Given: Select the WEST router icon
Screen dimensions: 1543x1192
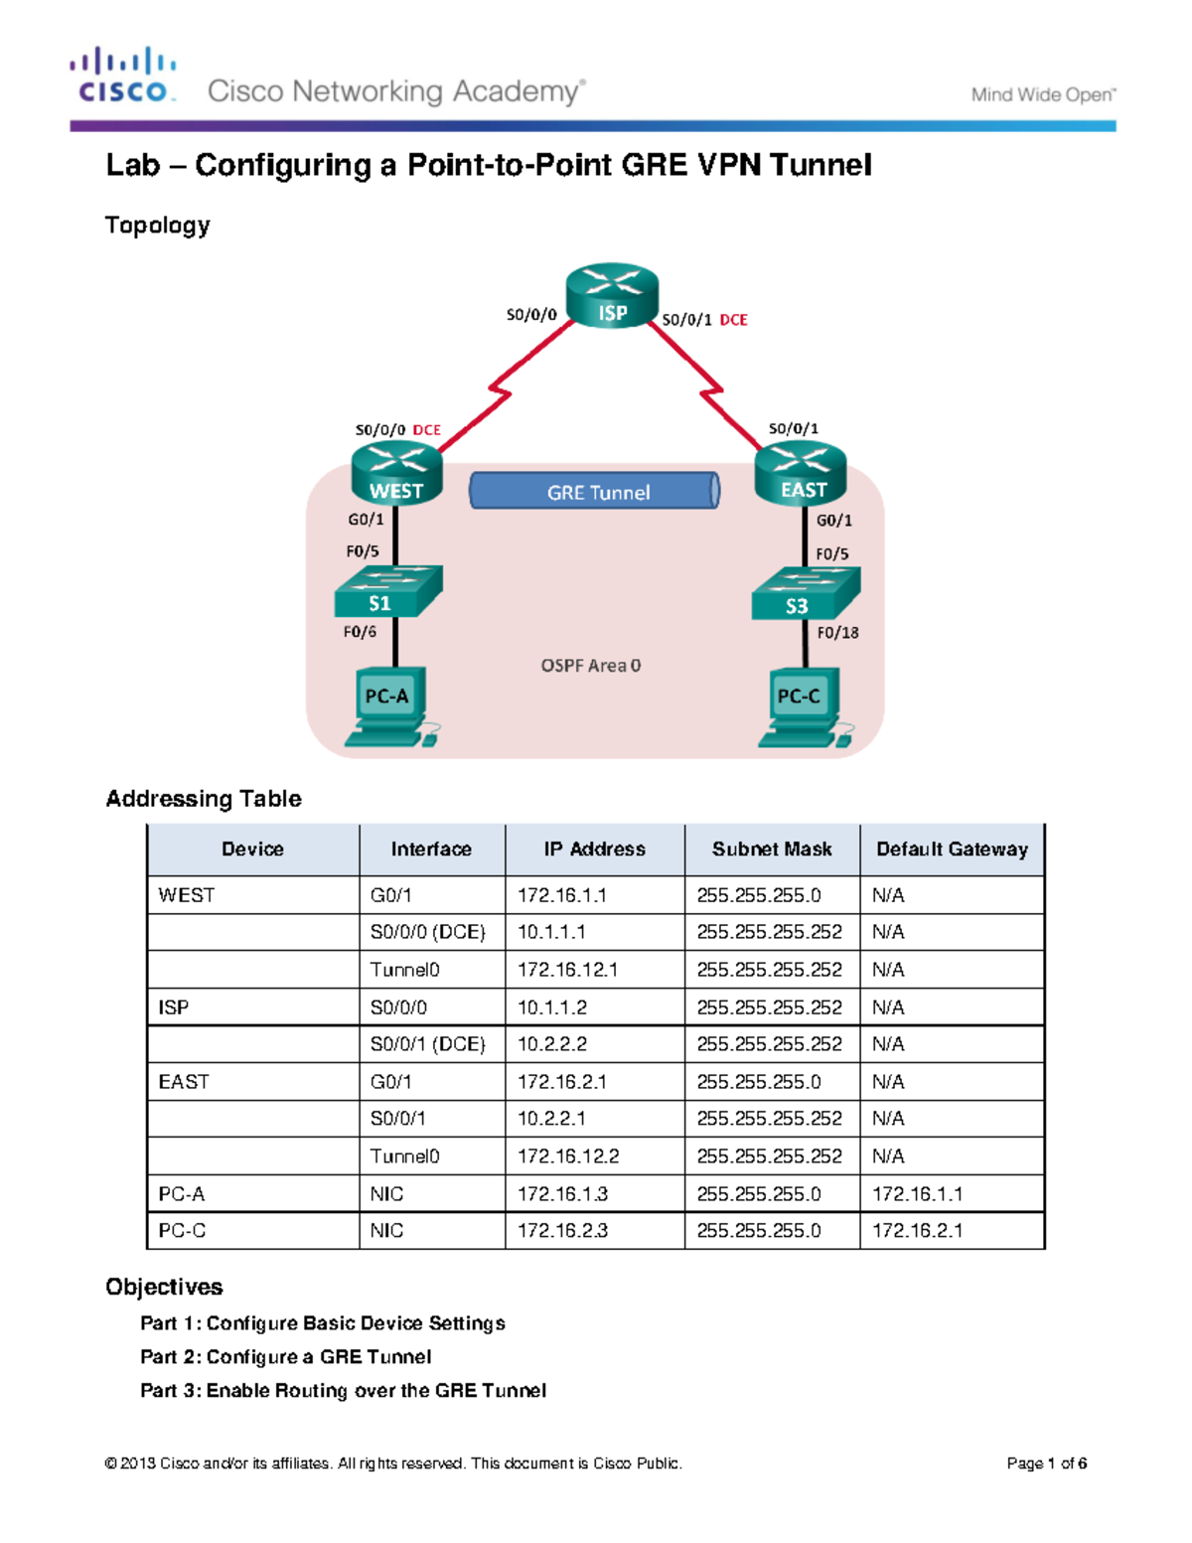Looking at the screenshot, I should pyautogui.click(x=396, y=475).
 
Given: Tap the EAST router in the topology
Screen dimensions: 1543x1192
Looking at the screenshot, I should pyautogui.click(x=801, y=474).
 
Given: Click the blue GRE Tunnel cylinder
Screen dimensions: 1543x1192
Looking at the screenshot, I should pyautogui.click(x=595, y=491).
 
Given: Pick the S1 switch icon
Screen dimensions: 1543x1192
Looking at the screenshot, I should pyautogui.click(x=387, y=592).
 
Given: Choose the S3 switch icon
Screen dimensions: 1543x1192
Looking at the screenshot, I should pyautogui.click(x=805, y=594).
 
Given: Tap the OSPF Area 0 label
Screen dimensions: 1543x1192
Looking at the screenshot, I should pyautogui.click(x=591, y=666).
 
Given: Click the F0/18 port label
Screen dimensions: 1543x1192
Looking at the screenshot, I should pyautogui.click(x=837, y=632).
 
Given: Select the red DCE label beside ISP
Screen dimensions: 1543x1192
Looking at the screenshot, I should pyautogui.click(x=733, y=320).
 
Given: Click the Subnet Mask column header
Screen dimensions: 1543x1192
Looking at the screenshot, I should pyautogui.click(x=772, y=849).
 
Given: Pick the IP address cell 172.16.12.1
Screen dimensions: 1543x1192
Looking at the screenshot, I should pyautogui.click(x=567, y=970).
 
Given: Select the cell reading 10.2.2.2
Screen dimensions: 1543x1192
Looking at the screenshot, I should pyautogui.click(x=552, y=1044).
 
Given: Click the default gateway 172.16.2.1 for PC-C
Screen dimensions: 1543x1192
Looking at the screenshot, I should pyautogui.click(x=917, y=1231).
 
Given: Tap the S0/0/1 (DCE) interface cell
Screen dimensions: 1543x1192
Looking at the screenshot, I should pyautogui.click(x=427, y=1044).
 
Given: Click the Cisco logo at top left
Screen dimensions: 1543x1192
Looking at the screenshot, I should pyautogui.click(x=123, y=76).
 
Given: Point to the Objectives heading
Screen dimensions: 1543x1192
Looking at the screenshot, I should pyautogui.click(x=164, y=1287).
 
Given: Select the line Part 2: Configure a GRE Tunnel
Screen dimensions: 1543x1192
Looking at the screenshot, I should pyautogui.click(x=285, y=1357).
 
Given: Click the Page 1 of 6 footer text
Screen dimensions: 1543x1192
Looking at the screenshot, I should pyautogui.click(x=1046, y=1464).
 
